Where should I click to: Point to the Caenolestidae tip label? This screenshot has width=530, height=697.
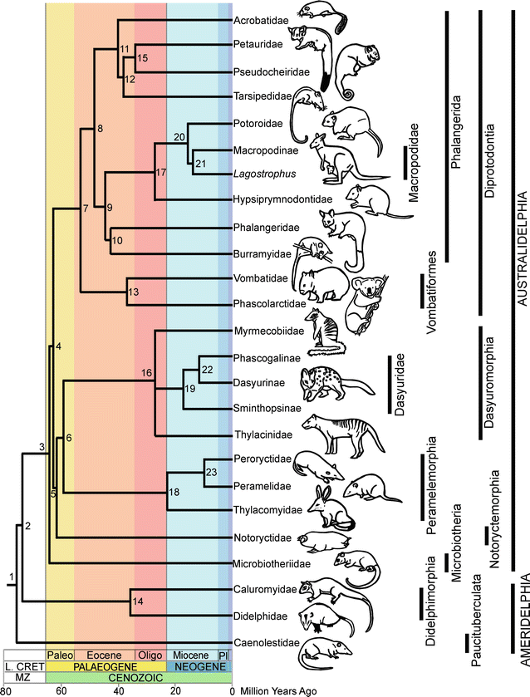coord(259,642)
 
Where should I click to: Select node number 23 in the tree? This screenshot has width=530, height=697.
coord(210,473)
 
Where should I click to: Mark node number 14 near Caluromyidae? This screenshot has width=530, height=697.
coord(137,601)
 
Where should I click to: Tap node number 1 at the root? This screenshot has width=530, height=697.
coord(11,577)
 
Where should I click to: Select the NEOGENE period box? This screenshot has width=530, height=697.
coord(199,666)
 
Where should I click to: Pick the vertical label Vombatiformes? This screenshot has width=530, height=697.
coord(432,280)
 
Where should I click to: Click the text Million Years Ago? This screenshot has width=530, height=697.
coord(277,690)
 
